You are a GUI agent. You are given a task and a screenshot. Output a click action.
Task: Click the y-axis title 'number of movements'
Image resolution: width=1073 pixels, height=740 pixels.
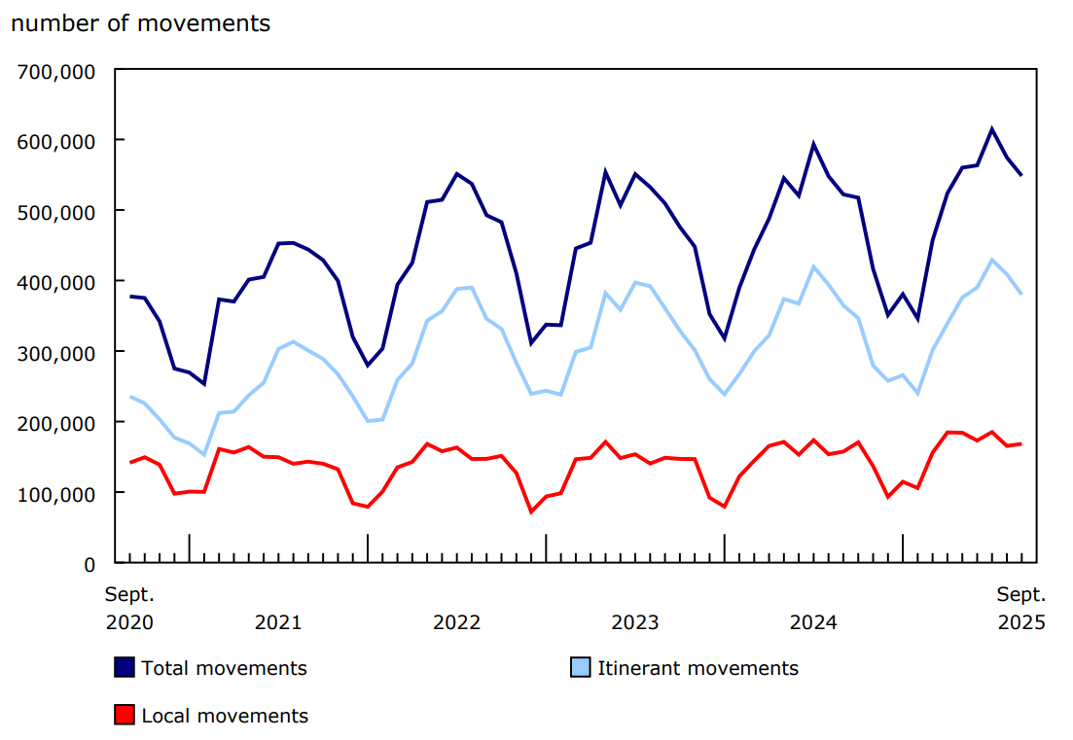pos(141,23)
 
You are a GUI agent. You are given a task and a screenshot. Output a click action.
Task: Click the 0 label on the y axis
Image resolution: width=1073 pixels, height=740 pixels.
pos(89,564)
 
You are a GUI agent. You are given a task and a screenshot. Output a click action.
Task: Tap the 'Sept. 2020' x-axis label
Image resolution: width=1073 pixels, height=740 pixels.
pos(129,608)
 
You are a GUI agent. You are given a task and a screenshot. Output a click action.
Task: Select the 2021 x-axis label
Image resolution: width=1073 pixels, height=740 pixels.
pos(278,622)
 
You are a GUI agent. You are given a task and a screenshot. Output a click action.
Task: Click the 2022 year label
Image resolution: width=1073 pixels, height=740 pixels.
pos(456,622)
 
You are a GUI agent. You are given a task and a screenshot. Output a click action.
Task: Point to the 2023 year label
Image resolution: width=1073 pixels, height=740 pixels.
pos(635,622)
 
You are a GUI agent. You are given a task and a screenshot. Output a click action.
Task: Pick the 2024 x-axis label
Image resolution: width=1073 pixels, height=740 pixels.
pos(813,622)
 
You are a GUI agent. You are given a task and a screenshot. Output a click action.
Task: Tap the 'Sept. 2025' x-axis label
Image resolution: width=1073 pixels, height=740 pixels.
pos(1021,608)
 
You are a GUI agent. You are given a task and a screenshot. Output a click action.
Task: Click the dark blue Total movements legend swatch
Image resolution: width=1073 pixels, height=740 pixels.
pos(125,668)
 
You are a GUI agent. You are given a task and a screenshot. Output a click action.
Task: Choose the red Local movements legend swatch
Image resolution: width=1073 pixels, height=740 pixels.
pos(125,716)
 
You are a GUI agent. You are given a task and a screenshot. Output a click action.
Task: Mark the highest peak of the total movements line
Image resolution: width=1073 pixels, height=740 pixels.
pos(992,128)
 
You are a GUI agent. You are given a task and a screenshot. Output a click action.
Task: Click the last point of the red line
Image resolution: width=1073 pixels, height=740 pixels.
pos(1021,443)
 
